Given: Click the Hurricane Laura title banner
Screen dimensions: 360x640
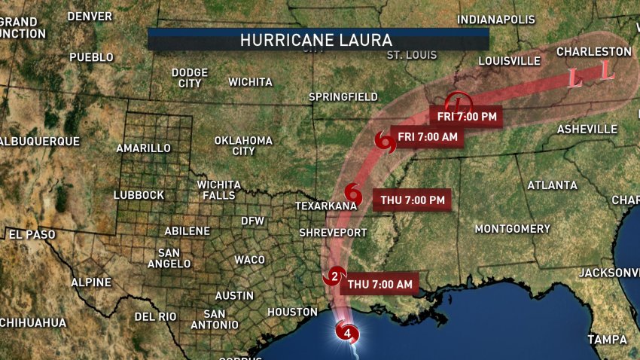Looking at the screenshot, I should coord(318,39).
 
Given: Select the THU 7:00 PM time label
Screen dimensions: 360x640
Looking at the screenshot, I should coord(413,200).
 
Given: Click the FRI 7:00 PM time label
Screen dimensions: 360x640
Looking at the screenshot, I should coord(466,116).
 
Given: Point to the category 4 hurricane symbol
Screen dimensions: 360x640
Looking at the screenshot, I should coord(347,331).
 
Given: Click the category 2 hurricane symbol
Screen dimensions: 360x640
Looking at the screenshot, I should coord(335,276).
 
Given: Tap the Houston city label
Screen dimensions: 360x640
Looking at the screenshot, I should coord(292,312).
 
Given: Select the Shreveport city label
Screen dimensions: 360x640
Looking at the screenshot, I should coord(333,232).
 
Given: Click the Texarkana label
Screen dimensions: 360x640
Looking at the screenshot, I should coord(325,206).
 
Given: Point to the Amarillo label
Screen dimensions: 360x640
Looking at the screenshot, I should coord(143,148).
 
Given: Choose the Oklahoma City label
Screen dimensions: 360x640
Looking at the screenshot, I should coord(243,145).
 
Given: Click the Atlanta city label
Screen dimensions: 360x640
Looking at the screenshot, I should coord(552,185).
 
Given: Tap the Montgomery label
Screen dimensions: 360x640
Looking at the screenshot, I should coord(512,228).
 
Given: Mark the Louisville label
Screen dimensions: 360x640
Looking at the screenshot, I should coord(510,60).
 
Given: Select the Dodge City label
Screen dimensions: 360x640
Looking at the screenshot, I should coord(189,78).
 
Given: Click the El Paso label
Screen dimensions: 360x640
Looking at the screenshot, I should coord(32,234).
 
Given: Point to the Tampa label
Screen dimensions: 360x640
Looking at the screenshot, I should coord(607,340).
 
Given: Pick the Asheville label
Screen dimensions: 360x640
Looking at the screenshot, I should coord(587,130).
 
